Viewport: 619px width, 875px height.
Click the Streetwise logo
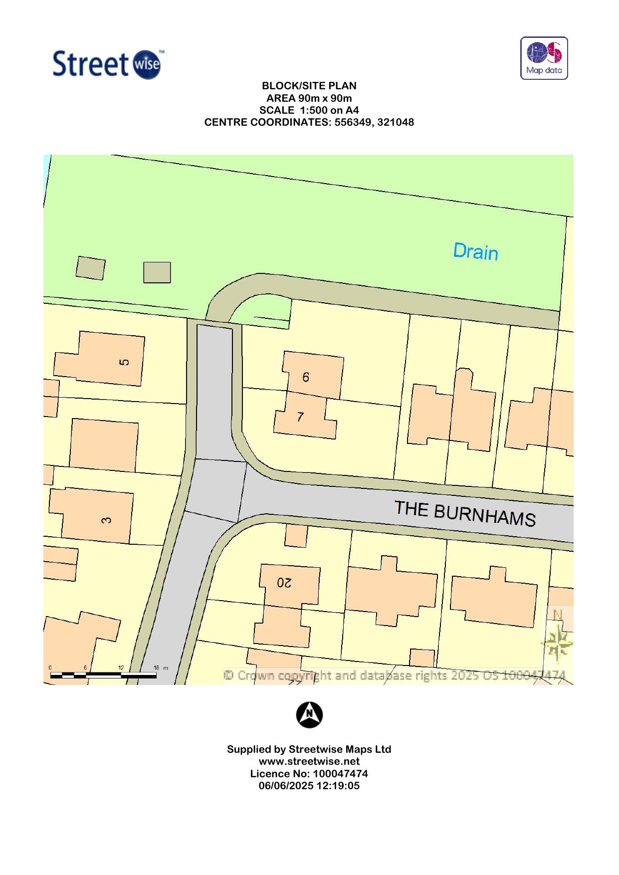[x=108, y=64]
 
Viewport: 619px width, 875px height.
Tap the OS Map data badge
[x=544, y=58]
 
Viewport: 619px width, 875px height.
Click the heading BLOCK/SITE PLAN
[x=309, y=86]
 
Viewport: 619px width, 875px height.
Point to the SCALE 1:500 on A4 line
[x=309, y=110]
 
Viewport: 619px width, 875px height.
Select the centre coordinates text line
[x=309, y=122]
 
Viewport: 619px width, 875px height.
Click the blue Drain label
[x=475, y=251]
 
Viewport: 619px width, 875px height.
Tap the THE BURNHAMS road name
[x=465, y=513]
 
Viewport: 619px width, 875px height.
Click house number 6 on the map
[x=306, y=377]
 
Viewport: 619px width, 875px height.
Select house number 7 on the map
[x=300, y=417]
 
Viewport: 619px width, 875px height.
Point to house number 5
[x=124, y=362]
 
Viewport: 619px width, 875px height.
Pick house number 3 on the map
[x=106, y=520]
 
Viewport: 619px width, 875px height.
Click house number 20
[x=284, y=582]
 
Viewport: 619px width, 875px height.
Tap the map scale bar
[x=103, y=675]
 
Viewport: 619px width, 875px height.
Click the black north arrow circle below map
[x=309, y=715]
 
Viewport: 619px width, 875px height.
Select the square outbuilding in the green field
[x=157, y=272]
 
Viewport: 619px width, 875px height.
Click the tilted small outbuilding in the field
[x=90, y=268]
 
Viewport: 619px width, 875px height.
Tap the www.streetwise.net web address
[x=309, y=761]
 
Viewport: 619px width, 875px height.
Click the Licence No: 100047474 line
[x=309, y=774]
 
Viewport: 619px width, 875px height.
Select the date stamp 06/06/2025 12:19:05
[x=309, y=786]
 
